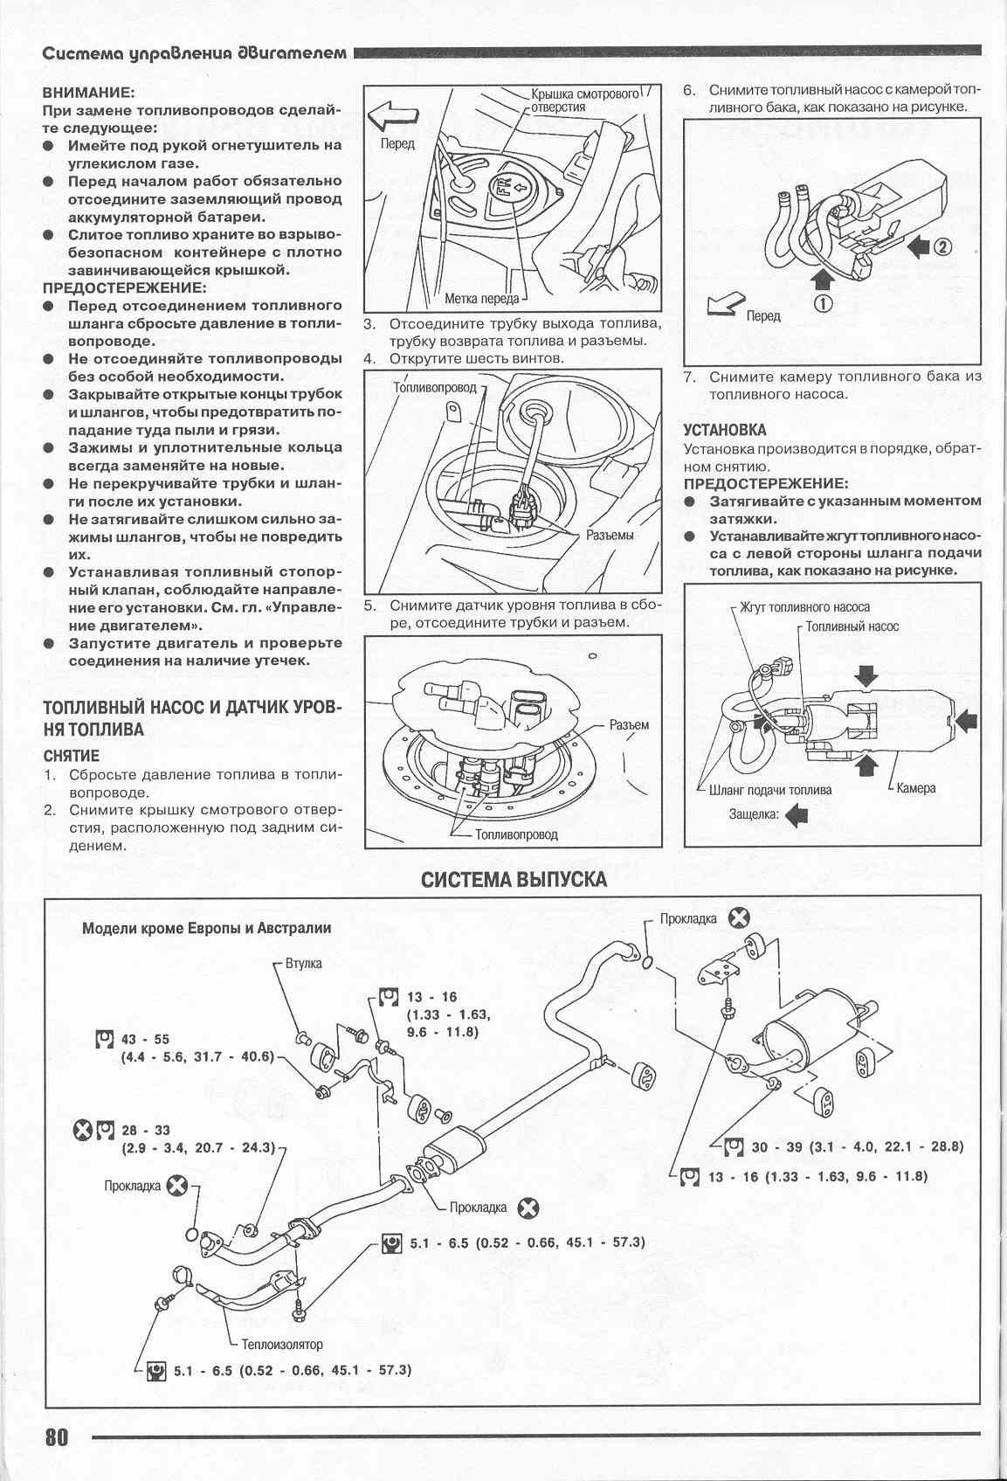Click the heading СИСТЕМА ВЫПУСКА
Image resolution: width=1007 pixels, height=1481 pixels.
tap(514, 878)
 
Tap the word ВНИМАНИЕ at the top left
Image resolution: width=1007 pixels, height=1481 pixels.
tap(88, 92)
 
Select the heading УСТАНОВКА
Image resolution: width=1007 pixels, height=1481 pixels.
tap(725, 430)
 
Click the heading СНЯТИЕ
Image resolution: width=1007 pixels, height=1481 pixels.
tap(72, 756)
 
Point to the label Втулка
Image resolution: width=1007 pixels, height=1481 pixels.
tap(303, 964)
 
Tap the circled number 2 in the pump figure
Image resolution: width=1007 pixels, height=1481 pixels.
tap(942, 246)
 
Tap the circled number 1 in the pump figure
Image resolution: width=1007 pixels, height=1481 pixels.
tap(823, 303)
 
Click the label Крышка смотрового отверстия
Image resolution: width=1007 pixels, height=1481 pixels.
tap(584, 100)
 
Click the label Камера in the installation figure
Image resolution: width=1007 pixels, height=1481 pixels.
tap(915, 788)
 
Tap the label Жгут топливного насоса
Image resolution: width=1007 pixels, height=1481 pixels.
tap(804, 606)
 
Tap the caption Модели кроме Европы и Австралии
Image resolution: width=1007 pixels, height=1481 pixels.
tap(206, 928)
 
